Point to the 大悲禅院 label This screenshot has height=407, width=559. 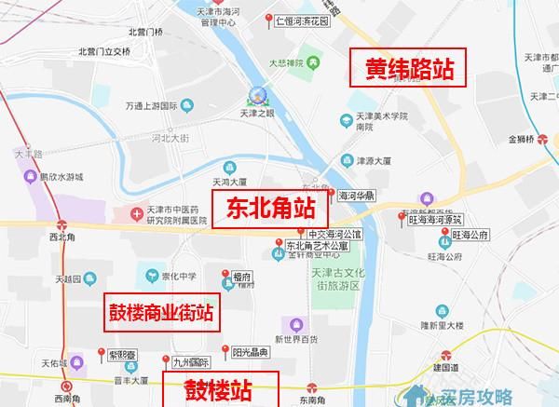288,64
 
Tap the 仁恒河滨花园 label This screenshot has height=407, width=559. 304,19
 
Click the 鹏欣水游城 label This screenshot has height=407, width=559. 61,176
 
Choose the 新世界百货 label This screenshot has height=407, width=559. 296,339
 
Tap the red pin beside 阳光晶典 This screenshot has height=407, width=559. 223,351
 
